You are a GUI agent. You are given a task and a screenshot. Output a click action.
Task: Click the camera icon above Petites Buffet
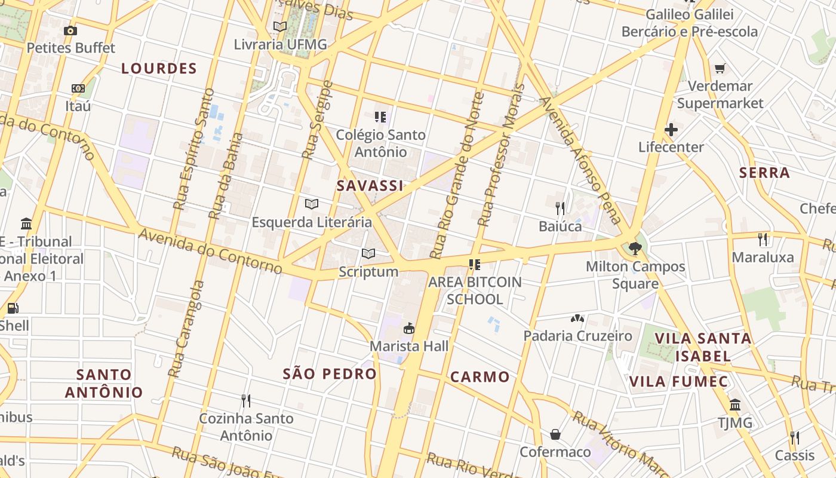click(x=70, y=30)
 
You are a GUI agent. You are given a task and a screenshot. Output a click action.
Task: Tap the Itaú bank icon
click(x=78, y=88)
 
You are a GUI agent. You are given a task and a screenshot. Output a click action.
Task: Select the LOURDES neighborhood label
click(x=159, y=69)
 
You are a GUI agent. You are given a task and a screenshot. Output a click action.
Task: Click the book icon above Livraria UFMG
click(x=280, y=26)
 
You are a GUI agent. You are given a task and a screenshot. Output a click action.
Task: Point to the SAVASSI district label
click(x=370, y=186)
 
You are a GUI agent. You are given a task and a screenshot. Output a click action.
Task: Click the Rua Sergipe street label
click(x=317, y=119)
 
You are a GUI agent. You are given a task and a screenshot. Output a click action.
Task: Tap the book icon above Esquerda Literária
click(x=311, y=204)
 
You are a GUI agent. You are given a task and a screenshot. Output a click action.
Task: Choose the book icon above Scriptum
click(x=368, y=254)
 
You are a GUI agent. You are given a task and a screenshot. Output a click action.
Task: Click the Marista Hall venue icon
click(x=409, y=328)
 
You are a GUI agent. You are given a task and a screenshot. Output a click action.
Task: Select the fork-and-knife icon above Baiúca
click(x=560, y=208)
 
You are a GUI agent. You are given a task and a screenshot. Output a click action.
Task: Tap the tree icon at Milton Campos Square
click(x=635, y=248)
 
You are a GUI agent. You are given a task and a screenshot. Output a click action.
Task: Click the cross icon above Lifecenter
click(x=671, y=129)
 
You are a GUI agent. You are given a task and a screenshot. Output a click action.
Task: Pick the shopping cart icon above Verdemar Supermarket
click(x=720, y=68)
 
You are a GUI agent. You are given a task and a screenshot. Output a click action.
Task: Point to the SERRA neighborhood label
click(x=764, y=173)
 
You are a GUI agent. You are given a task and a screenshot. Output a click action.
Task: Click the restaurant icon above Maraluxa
click(x=763, y=240)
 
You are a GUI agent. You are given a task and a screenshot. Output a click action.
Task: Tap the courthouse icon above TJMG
click(x=735, y=405)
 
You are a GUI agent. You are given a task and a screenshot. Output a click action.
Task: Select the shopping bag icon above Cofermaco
click(x=555, y=434)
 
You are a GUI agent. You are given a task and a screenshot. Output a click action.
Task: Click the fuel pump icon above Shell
click(x=13, y=308)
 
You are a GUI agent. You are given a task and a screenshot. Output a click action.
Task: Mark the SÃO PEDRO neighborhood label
click(x=330, y=374)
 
